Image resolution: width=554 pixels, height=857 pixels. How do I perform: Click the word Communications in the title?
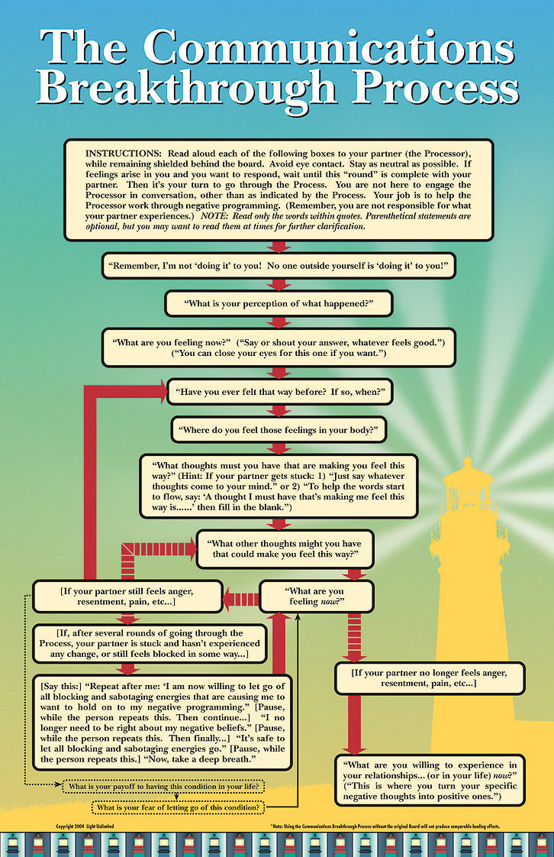(329, 47)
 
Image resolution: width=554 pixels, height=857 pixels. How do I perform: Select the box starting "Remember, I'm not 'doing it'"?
(278, 266)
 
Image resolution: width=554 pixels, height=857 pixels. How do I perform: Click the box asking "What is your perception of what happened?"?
(279, 303)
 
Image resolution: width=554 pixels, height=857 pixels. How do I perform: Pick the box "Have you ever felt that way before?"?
(279, 393)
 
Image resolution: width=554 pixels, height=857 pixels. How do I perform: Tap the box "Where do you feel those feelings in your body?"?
(279, 429)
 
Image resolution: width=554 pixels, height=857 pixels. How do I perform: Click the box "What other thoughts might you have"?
(285, 548)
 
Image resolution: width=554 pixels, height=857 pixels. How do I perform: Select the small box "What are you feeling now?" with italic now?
(316, 597)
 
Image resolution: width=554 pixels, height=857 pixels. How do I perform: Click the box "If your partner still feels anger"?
(127, 597)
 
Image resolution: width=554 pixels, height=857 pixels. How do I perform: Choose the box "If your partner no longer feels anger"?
(430, 677)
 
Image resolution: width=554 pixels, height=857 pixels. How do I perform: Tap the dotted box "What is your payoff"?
(163, 785)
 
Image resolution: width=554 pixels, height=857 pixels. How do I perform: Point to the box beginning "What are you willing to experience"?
(430, 780)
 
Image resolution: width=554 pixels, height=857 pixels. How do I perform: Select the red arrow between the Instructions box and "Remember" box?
(279, 246)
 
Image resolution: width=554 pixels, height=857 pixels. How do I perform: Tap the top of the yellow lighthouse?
(468, 462)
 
